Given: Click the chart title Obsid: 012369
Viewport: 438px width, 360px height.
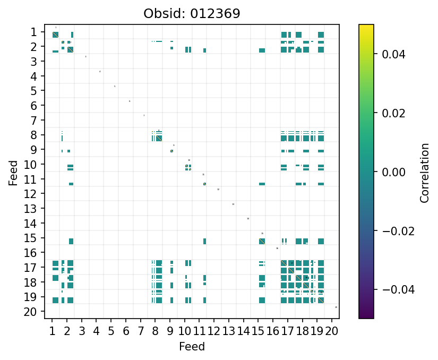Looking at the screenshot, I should point(192,13).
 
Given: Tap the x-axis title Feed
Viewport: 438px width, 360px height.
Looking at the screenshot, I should point(192,347).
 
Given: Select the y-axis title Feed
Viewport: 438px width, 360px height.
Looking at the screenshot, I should point(13,173).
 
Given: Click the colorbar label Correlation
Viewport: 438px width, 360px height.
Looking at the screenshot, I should point(424,173).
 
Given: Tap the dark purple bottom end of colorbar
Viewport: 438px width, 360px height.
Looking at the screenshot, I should point(366,316).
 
